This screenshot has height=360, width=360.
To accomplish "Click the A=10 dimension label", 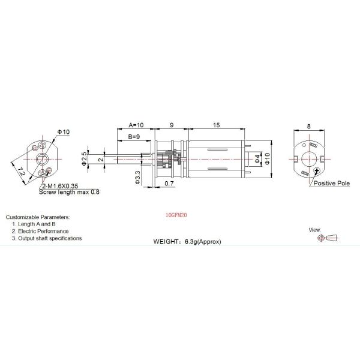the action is pyautogui.click(x=136, y=125).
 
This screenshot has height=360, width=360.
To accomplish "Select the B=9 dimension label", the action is pyautogui.click(x=134, y=137).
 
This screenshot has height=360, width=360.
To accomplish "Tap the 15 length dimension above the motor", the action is pyautogui.click(x=216, y=125).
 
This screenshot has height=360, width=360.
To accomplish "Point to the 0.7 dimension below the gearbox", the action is pyautogui.click(x=169, y=184).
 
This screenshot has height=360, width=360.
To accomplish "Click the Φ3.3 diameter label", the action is pyautogui.click(x=138, y=177).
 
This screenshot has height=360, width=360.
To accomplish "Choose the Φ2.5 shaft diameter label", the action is pyautogui.click(x=84, y=158).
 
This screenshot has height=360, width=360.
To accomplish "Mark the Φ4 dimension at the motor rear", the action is pyautogui.click(x=257, y=158).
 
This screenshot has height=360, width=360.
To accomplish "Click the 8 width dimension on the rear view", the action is pyautogui.click(x=309, y=126).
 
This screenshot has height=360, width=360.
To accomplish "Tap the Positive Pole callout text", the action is pyautogui.click(x=332, y=183).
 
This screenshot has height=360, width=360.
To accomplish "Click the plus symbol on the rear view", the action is pyautogui.click(x=317, y=170).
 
